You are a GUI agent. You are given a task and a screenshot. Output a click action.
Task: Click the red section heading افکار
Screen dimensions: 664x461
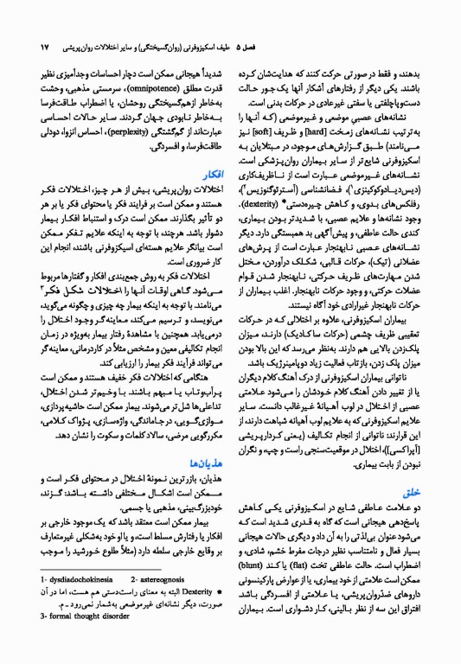click(201, 198)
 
